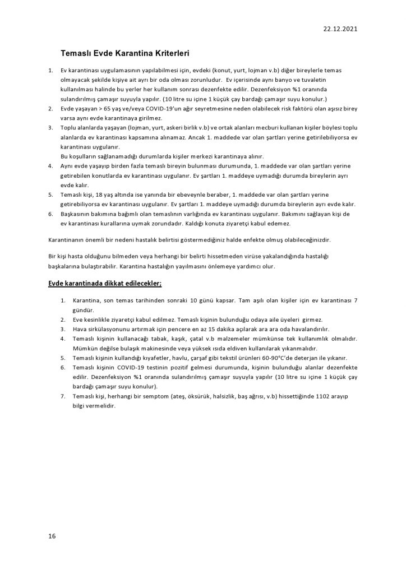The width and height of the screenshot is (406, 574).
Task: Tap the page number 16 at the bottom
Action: [x=52, y=536]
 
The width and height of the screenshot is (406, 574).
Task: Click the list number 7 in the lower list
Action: [x=63, y=397]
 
